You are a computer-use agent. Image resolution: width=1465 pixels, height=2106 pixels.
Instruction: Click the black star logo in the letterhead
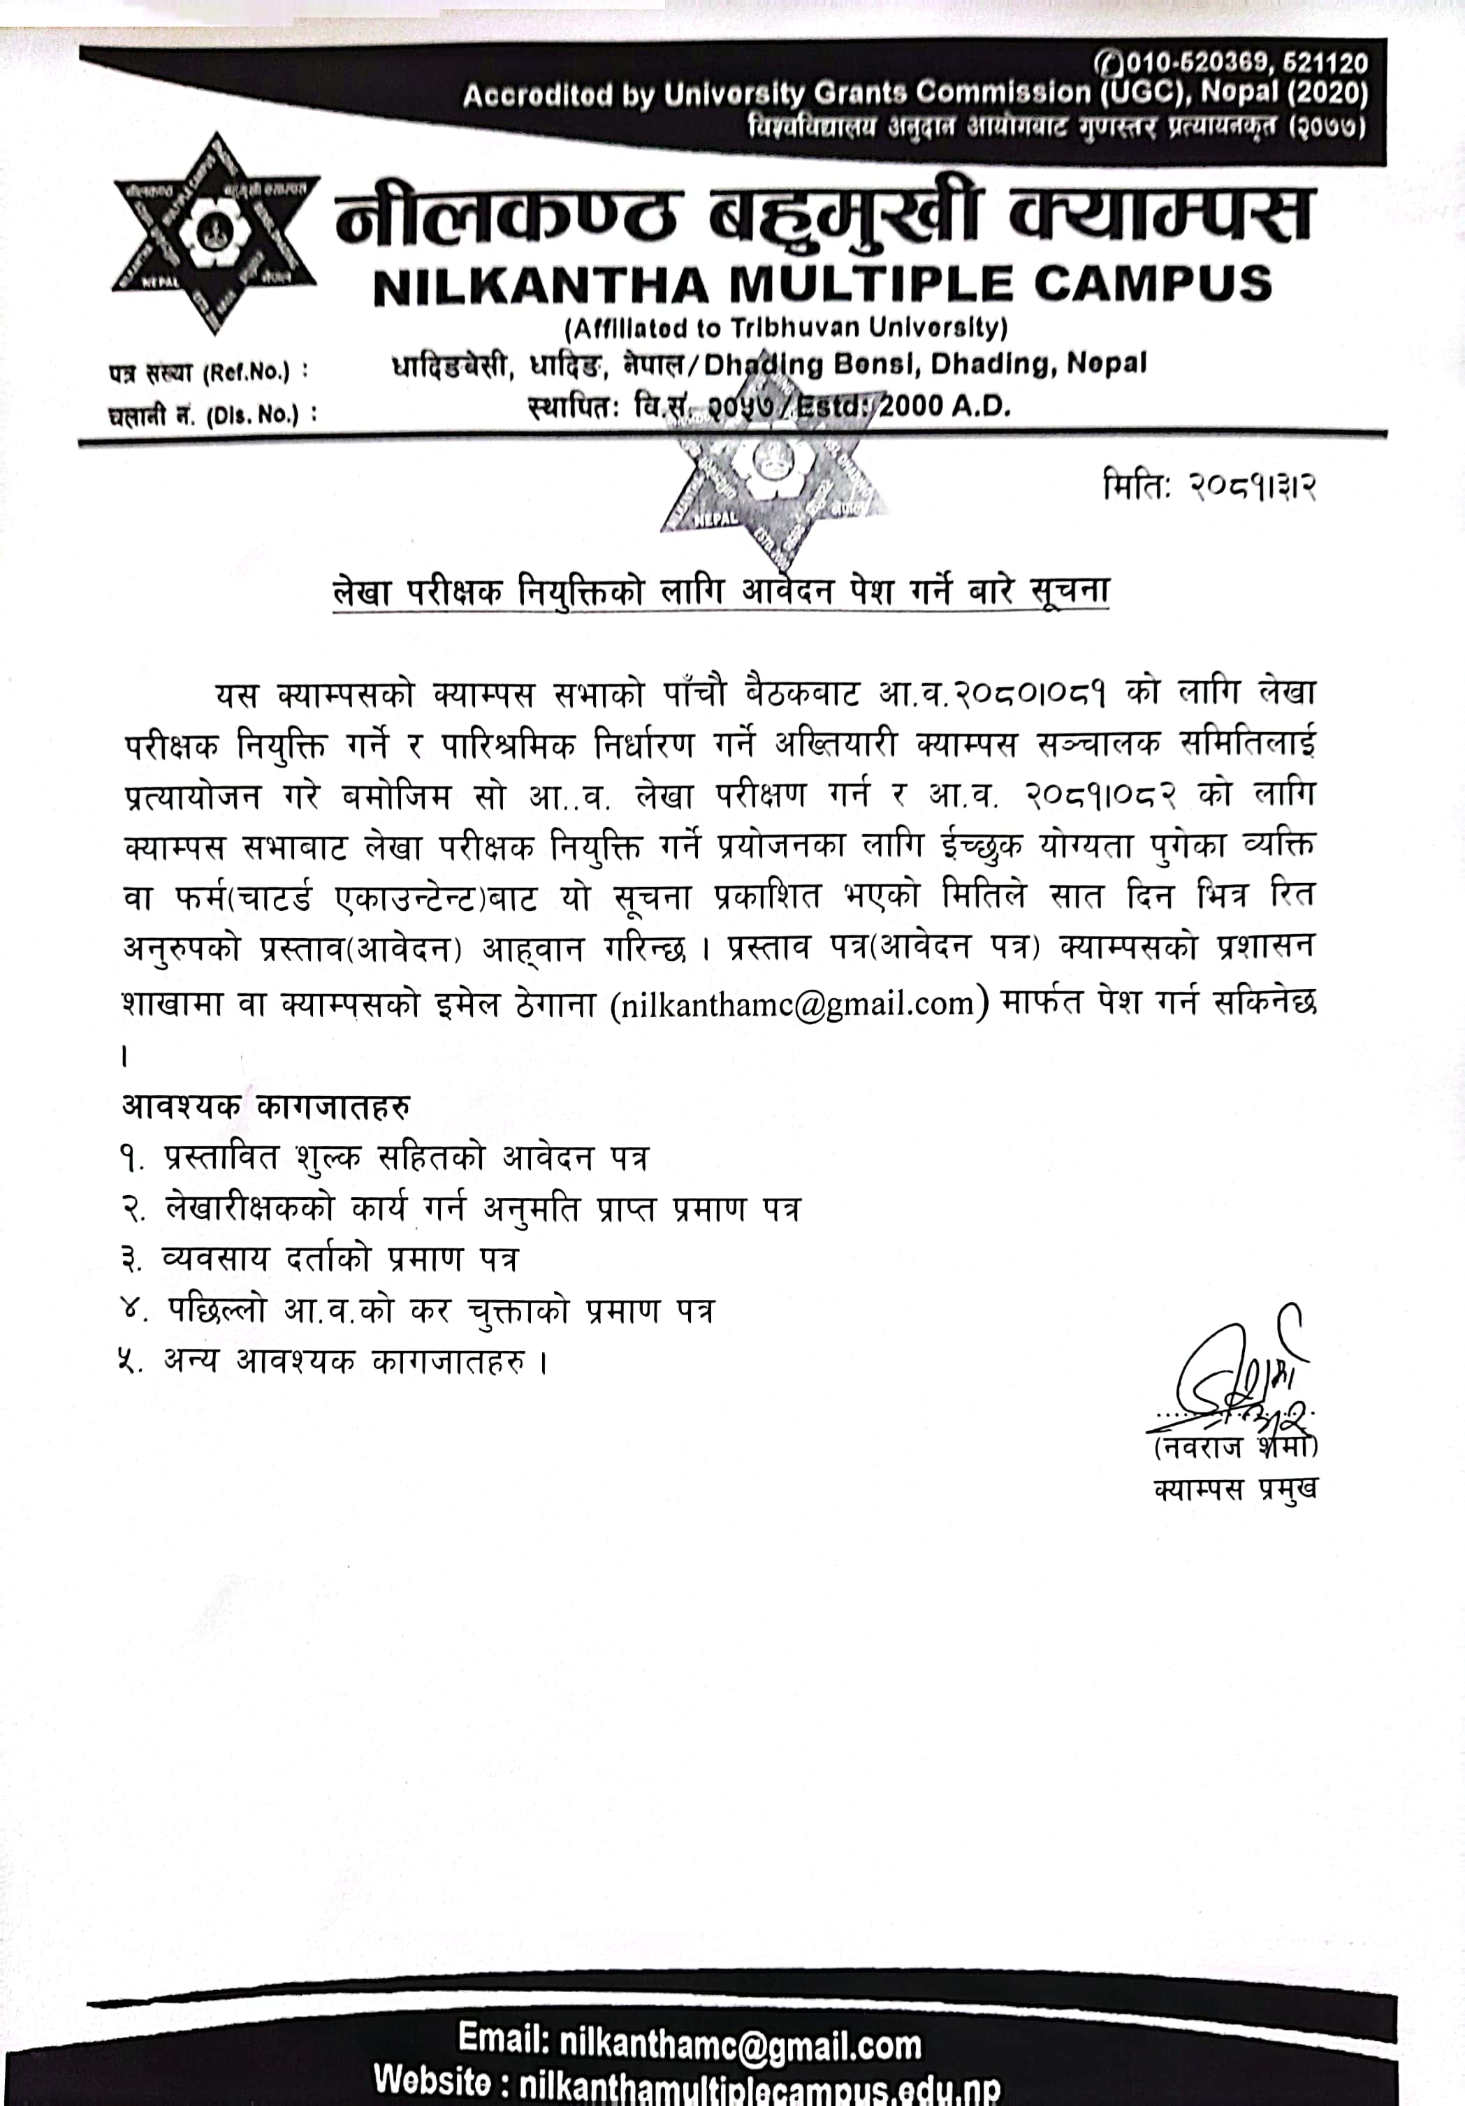214,233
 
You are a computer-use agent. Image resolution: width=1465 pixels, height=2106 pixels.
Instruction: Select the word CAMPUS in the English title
1153,284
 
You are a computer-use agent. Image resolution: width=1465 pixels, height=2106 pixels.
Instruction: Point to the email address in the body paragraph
796,1004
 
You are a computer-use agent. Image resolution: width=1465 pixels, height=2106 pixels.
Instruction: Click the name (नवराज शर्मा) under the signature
1234,1447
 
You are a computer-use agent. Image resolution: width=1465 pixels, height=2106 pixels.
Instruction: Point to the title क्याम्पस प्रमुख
1234,1489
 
